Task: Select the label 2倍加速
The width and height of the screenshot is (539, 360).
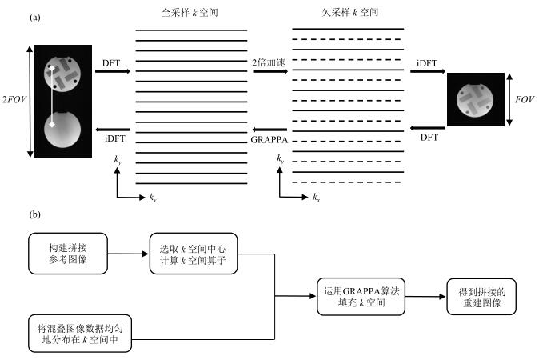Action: tap(269, 61)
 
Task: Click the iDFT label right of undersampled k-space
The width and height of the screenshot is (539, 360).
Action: tap(430, 61)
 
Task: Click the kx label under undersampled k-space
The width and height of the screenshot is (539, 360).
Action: tap(317, 197)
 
